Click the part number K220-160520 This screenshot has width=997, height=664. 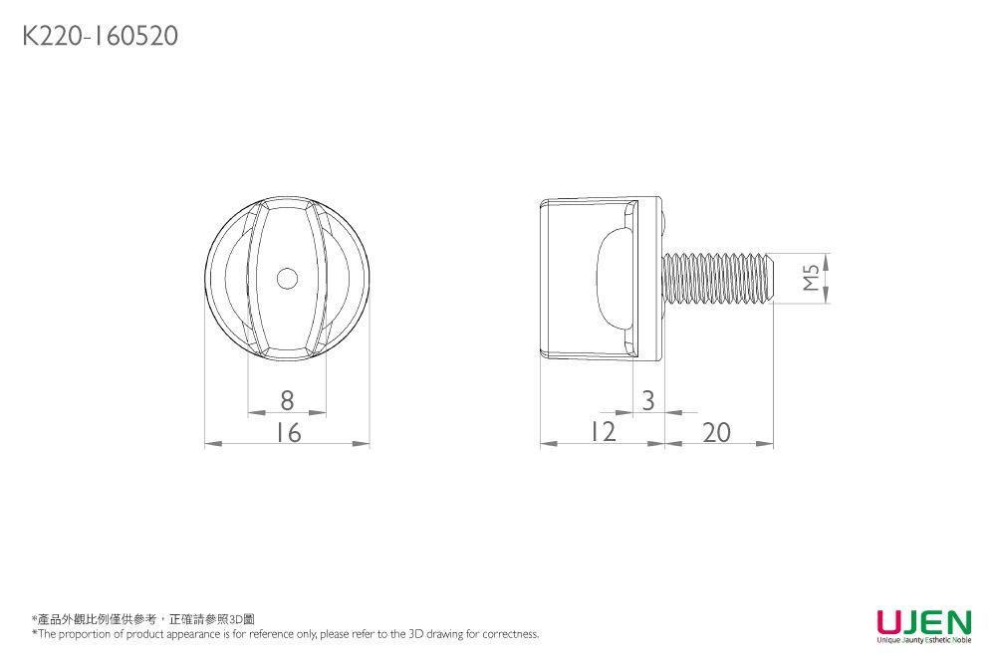(x=100, y=37)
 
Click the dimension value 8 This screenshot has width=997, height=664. (x=287, y=400)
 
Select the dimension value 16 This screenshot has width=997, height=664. (x=288, y=432)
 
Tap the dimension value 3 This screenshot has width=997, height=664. (x=648, y=400)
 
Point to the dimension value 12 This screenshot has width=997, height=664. (x=602, y=432)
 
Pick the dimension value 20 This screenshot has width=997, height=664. (x=716, y=432)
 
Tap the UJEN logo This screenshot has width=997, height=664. (x=923, y=622)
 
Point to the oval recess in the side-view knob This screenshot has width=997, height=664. (x=613, y=278)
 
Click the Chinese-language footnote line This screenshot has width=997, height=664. (x=143, y=619)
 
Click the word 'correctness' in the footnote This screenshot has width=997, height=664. (x=511, y=634)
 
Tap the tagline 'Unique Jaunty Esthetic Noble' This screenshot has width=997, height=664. (x=923, y=639)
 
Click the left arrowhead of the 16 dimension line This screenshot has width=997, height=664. (x=210, y=444)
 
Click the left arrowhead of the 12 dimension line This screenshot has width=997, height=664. (x=547, y=444)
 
